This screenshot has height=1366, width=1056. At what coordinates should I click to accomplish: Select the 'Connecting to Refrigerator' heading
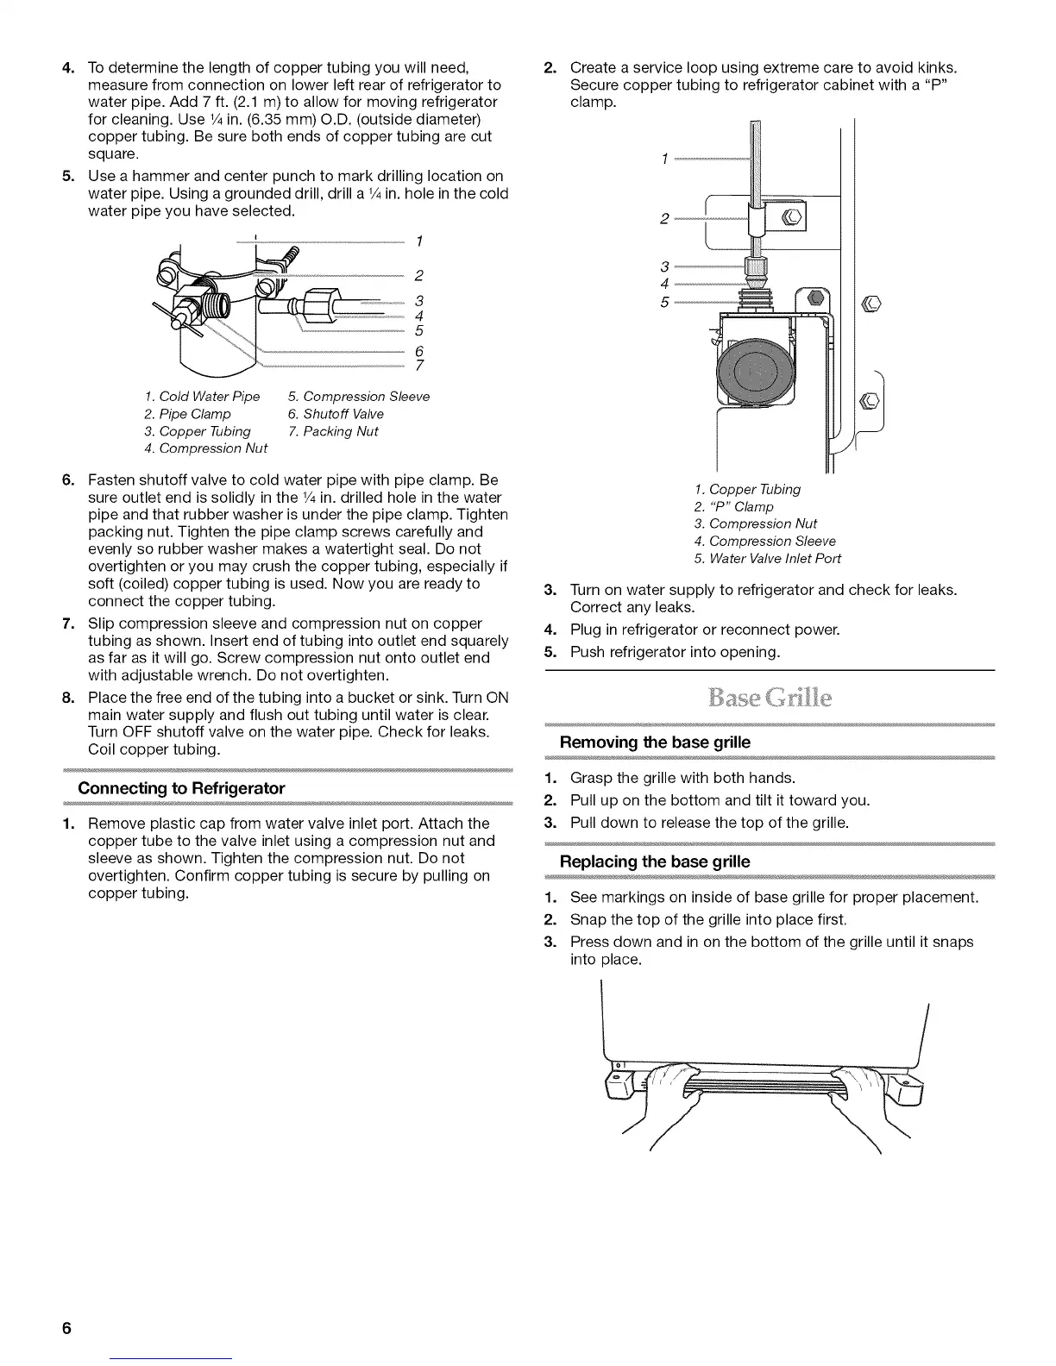(181, 788)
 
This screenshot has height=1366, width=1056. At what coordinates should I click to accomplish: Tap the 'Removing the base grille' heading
(655, 743)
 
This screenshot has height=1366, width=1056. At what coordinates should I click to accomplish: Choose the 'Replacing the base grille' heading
(655, 862)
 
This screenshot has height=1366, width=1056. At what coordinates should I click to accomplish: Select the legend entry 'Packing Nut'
(340, 431)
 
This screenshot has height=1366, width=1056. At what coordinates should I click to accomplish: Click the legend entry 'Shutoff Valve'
(343, 414)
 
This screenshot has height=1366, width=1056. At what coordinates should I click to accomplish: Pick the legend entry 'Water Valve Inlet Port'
(774, 558)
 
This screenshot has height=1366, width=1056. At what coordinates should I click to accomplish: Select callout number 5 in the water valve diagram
(665, 302)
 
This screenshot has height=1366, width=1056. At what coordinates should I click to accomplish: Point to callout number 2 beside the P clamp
(665, 219)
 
